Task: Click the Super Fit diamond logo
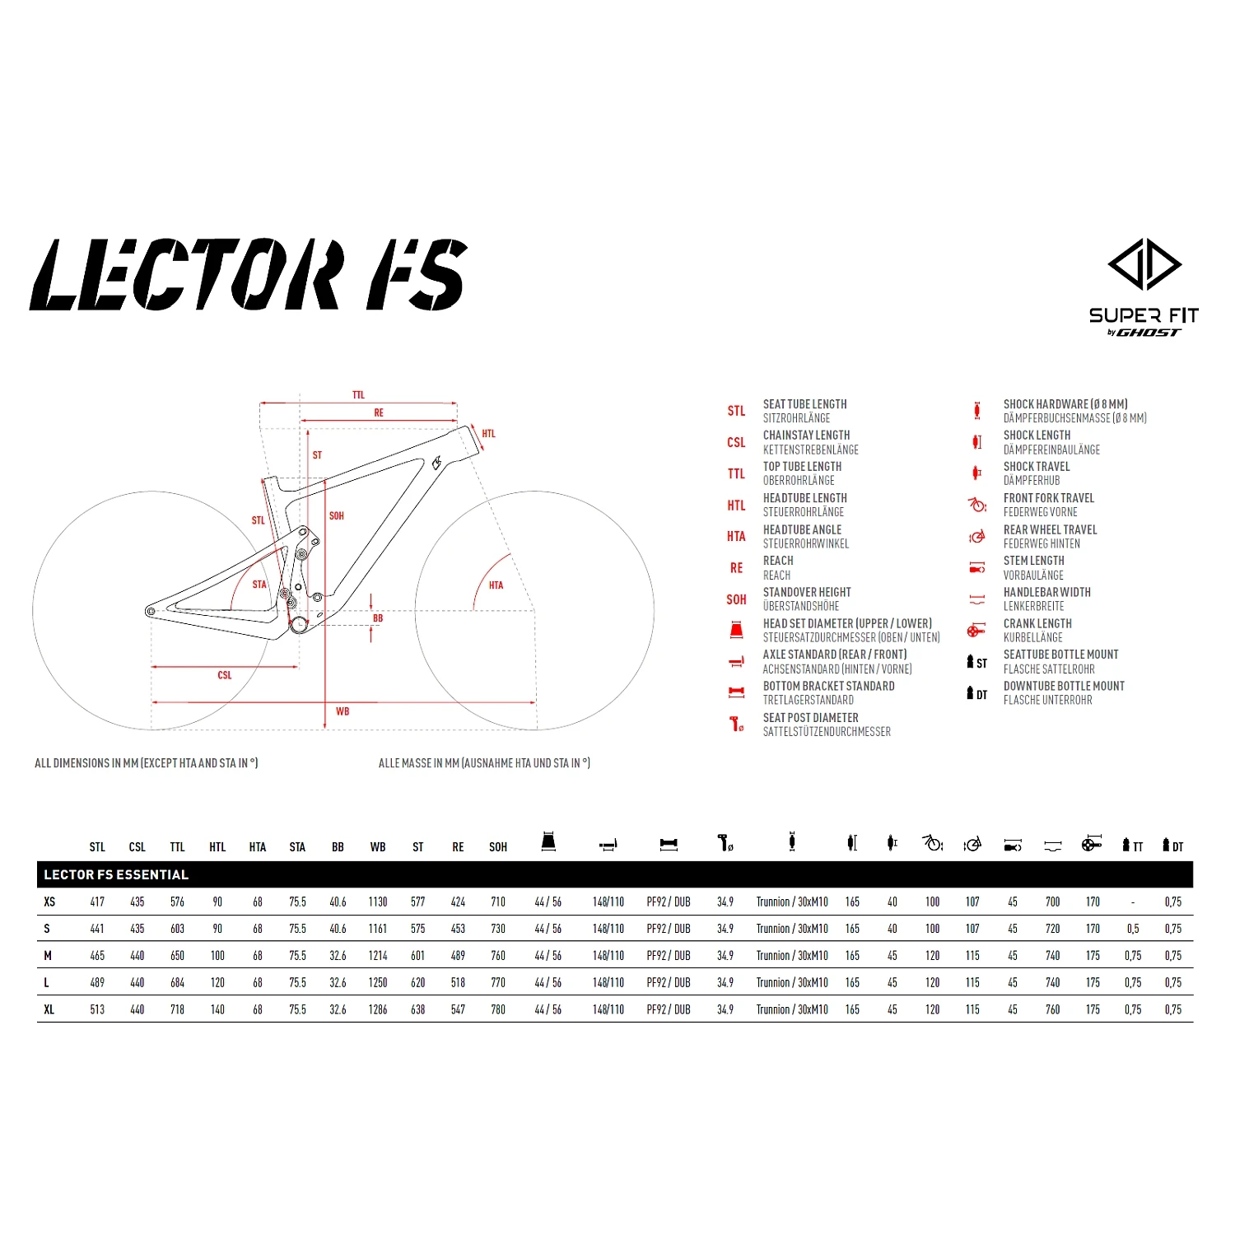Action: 1144,264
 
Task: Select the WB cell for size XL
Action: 378,1009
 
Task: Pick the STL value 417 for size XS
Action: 97,902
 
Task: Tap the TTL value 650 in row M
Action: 177,956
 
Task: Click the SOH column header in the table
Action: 498,847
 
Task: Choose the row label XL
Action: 49,1009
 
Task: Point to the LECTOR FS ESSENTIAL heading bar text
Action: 116,874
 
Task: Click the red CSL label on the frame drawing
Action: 225,675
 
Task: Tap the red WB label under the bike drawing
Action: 343,711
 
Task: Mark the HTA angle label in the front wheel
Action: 496,585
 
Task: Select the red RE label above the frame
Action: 379,412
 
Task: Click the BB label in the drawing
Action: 378,618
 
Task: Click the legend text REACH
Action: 778,561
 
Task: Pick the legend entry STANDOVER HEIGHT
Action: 807,592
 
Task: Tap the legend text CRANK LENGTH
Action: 1037,623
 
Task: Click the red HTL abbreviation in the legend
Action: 736,506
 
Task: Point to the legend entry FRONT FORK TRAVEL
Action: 1048,498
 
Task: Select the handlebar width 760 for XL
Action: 1052,1009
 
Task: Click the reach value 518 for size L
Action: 458,983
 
